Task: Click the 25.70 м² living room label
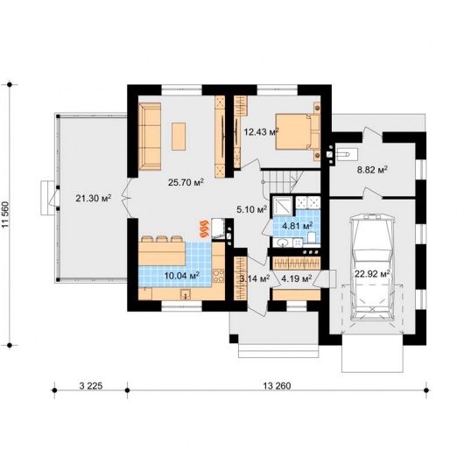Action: click(186, 182)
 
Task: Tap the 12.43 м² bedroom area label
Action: click(261, 131)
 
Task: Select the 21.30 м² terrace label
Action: click(94, 198)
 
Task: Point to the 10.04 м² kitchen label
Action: click(182, 276)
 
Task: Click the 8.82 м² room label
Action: click(373, 170)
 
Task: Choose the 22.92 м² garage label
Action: click(372, 273)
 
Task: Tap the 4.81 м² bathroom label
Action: click(298, 226)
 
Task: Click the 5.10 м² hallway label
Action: click(252, 209)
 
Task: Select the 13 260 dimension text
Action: click(277, 385)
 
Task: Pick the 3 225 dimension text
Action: click(91, 385)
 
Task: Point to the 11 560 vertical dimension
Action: click(6, 215)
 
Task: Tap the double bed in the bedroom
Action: click(298, 131)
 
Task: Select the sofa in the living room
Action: click(150, 137)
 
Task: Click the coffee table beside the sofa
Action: click(179, 137)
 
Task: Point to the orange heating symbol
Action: click(205, 229)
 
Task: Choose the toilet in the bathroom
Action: click(312, 237)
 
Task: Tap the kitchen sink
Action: click(186, 294)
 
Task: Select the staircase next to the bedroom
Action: click(282, 180)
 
